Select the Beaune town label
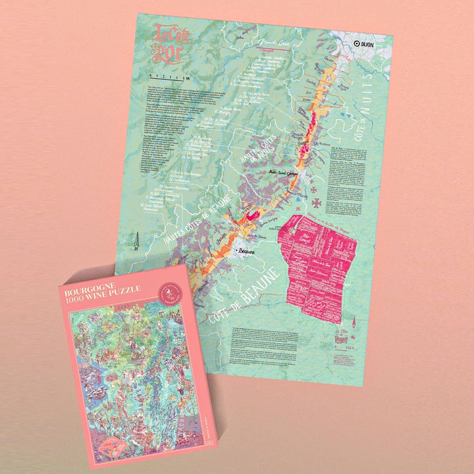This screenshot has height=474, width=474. [x=245, y=252]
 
